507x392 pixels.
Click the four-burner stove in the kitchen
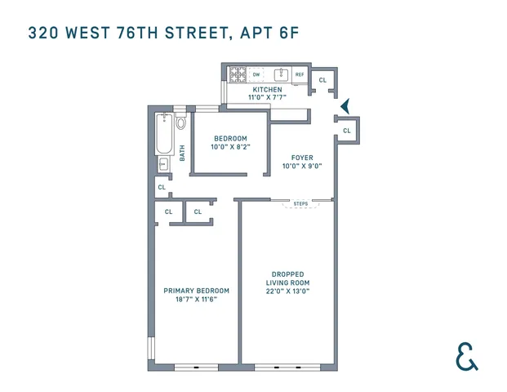(x=238, y=74)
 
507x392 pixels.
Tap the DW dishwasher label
(x=256, y=74)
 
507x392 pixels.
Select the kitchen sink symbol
(x=279, y=73)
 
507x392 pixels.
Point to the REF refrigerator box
(x=300, y=74)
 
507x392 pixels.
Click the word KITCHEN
(x=267, y=90)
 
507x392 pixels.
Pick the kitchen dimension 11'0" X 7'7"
(x=267, y=98)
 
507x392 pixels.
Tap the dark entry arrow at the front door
(x=345, y=105)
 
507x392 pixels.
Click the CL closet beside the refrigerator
(x=322, y=80)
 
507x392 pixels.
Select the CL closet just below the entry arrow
(x=347, y=130)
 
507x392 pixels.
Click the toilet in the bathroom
(x=181, y=123)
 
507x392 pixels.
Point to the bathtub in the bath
(x=163, y=135)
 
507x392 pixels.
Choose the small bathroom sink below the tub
(x=163, y=164)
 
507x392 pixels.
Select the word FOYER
(x=301, y=158)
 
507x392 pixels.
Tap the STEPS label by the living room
(x=301, y=203)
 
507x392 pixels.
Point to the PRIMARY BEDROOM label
(x=196, y=291)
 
